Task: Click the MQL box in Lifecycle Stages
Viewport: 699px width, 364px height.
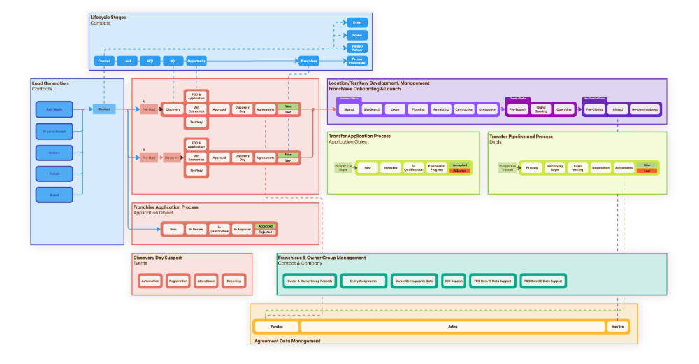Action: coord(150,61)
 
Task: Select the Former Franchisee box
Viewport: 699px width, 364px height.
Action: coord(357,61)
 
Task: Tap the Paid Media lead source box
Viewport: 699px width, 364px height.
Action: coord(54,109)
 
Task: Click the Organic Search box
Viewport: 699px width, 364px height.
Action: coord(54,130)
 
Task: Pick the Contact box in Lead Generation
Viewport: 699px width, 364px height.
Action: coord(104,109)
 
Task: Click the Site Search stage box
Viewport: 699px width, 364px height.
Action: coord(372,110)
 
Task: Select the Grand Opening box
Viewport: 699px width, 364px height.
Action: coord(540,110)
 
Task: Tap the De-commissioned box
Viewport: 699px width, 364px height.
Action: coord(644,110)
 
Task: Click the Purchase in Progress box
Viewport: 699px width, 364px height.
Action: coord(437,168)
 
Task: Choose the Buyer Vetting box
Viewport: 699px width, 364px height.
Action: coord(577,168)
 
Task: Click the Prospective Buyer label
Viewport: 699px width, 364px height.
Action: coord(343,168)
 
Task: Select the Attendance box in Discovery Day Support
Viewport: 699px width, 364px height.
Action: coord(206,281)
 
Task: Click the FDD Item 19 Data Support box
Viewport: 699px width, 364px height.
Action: coord(492,281)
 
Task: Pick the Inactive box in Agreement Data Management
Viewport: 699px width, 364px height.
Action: coord(617,326)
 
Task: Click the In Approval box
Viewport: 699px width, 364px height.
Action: coord(243,229)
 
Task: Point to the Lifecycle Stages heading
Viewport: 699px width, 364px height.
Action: coord(108,17)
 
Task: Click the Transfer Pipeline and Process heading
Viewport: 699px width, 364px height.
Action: coord(521,136)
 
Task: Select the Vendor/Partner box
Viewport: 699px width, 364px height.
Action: coord(357,48)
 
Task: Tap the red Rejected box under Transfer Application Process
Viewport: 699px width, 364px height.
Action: coord(459,171)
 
